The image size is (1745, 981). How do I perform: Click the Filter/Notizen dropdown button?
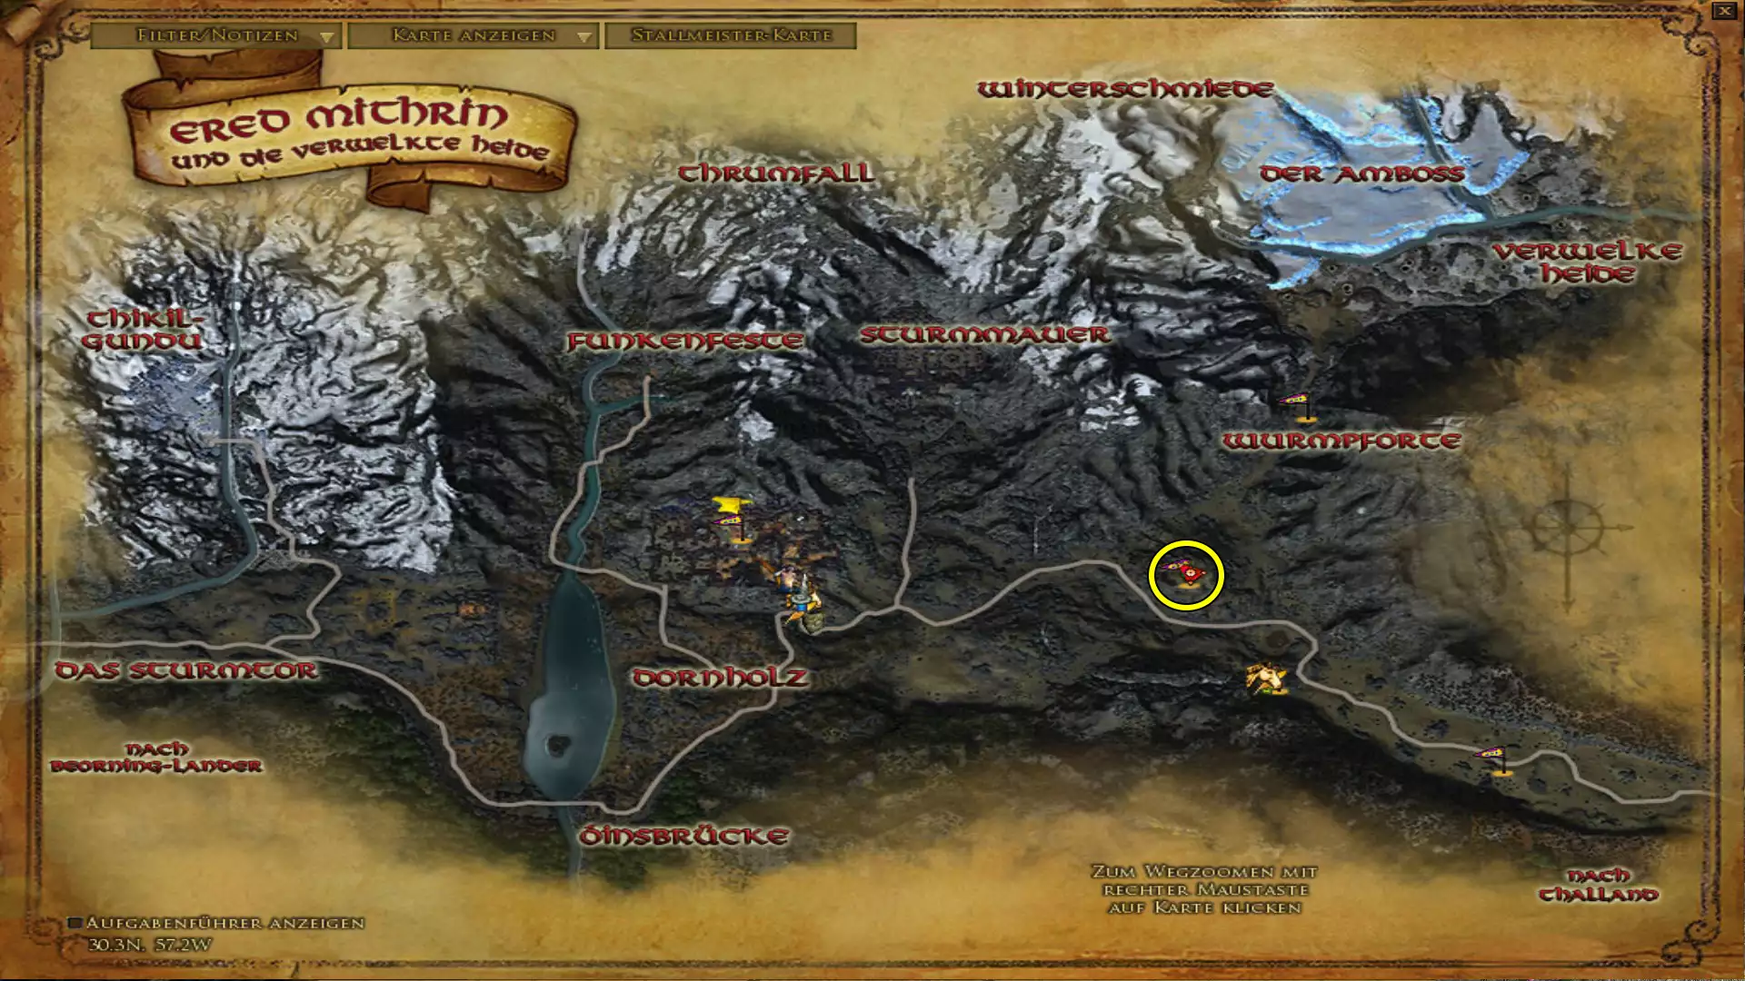click(216, 35)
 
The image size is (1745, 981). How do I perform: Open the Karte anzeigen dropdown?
click(473, 35)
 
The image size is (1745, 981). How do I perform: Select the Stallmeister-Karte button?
click(731, 35)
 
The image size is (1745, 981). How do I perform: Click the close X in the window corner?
click(1724, 12)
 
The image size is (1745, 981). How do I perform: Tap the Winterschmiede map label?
click(1125, 89)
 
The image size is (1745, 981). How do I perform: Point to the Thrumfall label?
click(776, 173)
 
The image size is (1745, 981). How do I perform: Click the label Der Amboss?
click(1361, 173)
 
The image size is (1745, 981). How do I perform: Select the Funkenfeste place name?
click(685, 341)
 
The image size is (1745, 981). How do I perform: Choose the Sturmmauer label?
click(984, 334)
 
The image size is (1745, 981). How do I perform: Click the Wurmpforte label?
click(1341, 441)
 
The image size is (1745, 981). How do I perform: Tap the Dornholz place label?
click(720, 678)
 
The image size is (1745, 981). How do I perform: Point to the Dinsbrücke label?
click(683, 836)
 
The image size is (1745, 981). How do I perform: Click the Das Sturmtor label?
click(186, 670)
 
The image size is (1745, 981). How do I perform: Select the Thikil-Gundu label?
click(143, 329)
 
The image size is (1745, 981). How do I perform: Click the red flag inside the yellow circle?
click(1187, 574)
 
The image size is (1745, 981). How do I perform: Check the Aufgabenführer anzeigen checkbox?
click(76, 923)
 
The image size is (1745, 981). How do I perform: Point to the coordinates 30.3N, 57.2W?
click(150, 945)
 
